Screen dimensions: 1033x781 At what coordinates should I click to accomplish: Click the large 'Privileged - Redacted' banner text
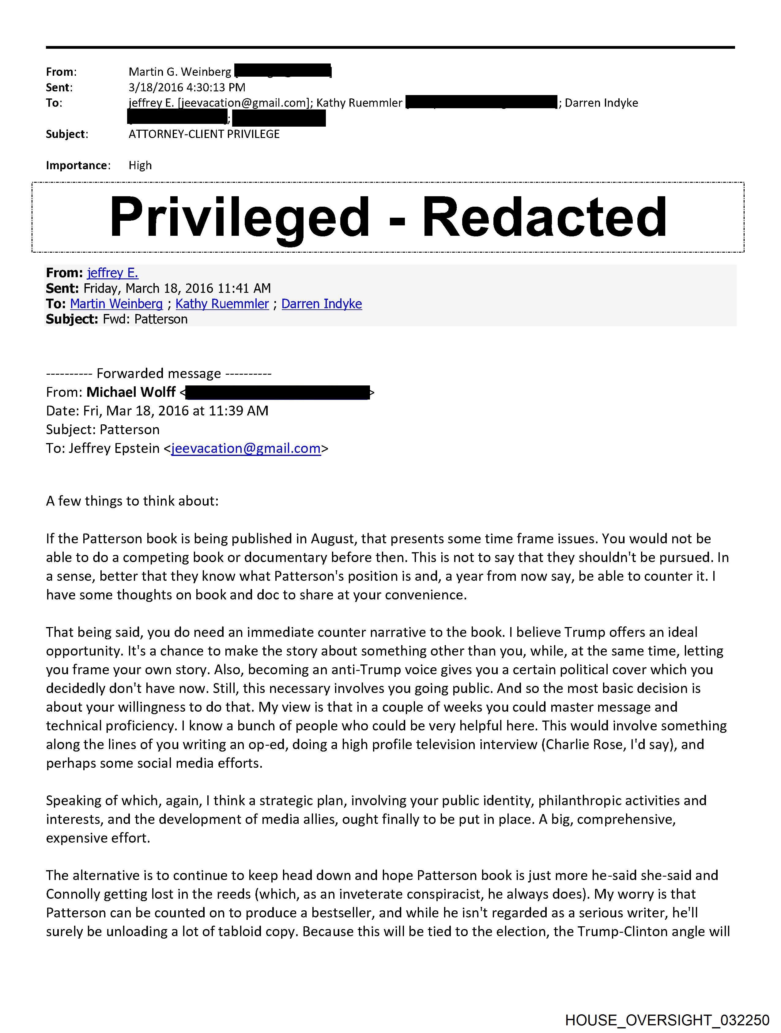click(x=388, y=217)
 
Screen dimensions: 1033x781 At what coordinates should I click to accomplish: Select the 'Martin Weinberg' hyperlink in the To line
click(x=116, y=304)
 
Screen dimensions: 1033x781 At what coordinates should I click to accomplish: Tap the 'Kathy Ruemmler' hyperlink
click(x=222, y=304)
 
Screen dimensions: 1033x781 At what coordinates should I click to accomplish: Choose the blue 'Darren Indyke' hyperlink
click(x=322, y=304)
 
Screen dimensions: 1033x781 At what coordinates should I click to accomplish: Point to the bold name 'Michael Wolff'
click(x=131, y=392)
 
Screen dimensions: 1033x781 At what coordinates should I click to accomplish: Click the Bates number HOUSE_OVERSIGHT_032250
click(x=667, y=1020)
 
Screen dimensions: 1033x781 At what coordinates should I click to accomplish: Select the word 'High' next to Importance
click(x=140, y=165)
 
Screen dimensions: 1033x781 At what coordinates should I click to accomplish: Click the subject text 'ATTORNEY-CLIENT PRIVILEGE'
click(x=204, y=134)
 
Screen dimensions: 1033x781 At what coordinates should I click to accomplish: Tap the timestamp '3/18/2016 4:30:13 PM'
click(x=187, y=87)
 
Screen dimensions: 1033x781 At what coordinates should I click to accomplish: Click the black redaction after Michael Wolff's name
click(x=277, y=392)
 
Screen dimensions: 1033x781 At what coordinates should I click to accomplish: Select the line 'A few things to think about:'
click(x=132, y=501)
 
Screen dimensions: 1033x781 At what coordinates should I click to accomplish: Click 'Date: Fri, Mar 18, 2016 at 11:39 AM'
click(x=157, y=411)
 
